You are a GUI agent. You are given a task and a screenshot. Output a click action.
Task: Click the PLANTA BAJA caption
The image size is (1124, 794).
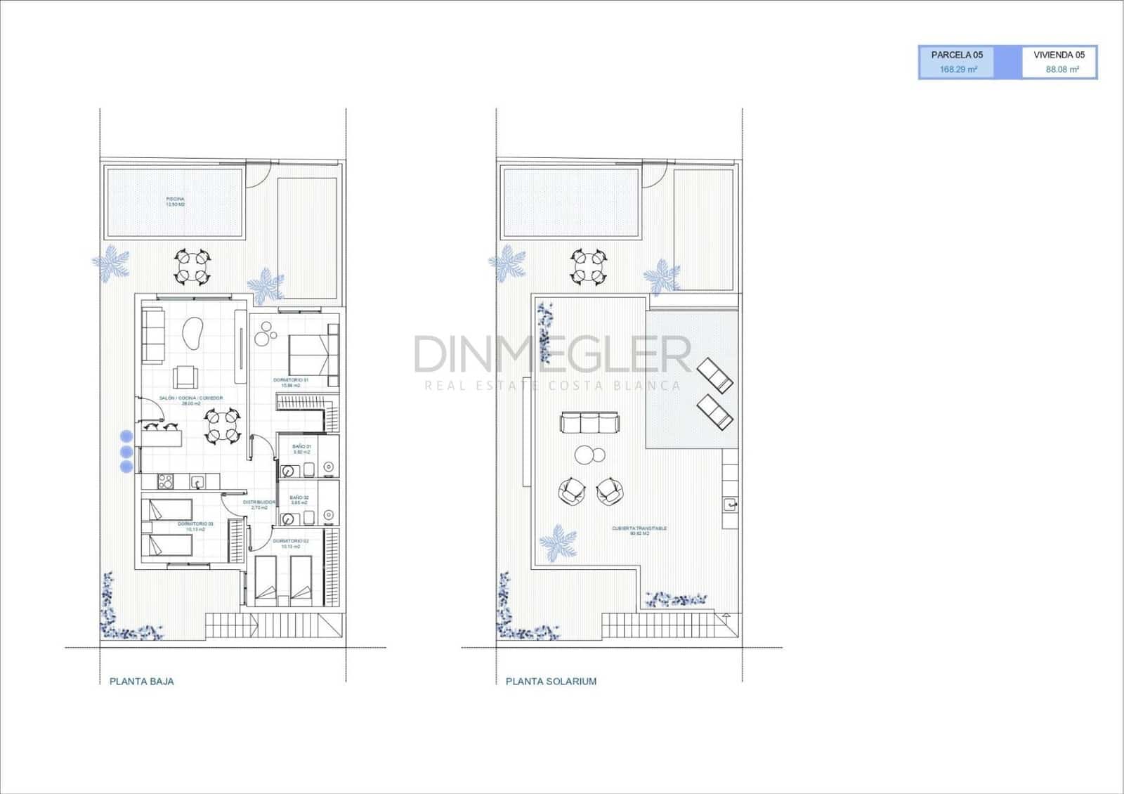(x=141, y=681)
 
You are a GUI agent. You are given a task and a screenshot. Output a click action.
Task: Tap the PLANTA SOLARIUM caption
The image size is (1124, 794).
(x=551, y=681)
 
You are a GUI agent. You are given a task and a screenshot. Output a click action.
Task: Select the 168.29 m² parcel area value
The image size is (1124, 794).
(x=958, y=70)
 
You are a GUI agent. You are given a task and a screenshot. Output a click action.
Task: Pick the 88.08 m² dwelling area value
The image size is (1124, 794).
(x=1062, y=70)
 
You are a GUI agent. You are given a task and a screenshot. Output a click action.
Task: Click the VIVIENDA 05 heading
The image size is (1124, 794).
(x=1059, y=55)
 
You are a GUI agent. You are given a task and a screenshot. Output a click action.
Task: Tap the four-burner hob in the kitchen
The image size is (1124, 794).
(x=165, y=481)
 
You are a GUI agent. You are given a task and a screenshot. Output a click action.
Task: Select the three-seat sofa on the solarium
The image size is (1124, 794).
(x=590, y=423)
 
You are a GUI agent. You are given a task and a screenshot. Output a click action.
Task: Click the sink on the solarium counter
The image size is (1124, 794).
(x=731, y=504)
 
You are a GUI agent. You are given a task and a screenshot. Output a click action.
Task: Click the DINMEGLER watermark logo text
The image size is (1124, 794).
(x=552, y=354)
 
